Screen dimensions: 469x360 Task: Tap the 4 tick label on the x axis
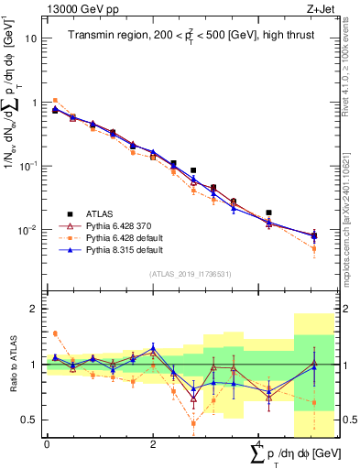[258, 444]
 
